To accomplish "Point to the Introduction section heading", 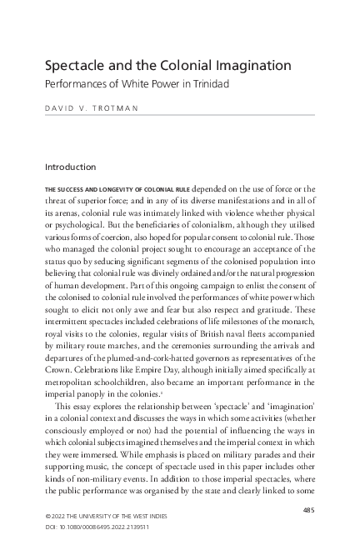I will [x=76, y=167].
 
